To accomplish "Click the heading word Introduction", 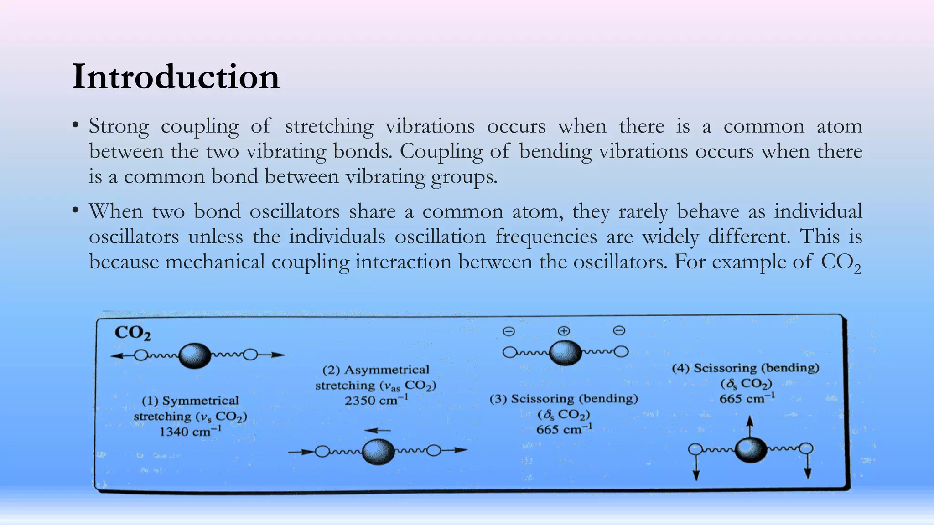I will click(176, 77).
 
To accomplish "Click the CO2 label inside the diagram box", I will click(132, 333).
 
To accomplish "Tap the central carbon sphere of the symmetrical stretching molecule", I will click(195, 355).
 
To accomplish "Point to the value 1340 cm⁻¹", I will click(190, 431).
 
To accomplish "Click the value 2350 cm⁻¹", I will click(376, 401).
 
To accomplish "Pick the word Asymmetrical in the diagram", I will click(387, 370).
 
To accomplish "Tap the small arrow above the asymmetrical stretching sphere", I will click(378, 430).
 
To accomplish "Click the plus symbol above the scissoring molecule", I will click(564, 331).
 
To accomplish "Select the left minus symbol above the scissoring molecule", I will click(509, 331).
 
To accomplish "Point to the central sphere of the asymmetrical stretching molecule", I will click(378, 451).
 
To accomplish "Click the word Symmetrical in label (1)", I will click(200, 401).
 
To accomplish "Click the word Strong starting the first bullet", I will click(119, 126).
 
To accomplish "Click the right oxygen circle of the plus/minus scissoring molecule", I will click(621, 351).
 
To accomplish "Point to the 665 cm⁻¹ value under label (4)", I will click(747, 399).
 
